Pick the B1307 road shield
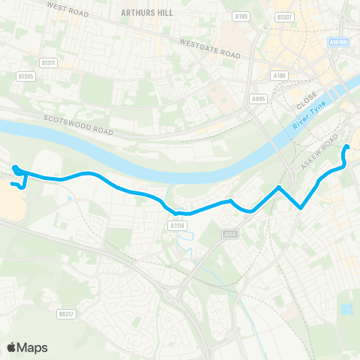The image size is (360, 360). [283, 16]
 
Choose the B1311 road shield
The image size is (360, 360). [49, 62]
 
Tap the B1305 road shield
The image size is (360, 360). [26, 76]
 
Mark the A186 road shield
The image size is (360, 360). [280, 76]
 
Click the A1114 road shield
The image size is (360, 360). [177, 223]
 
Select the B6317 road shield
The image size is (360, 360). [67, 314]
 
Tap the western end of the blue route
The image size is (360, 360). [16, 158]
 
